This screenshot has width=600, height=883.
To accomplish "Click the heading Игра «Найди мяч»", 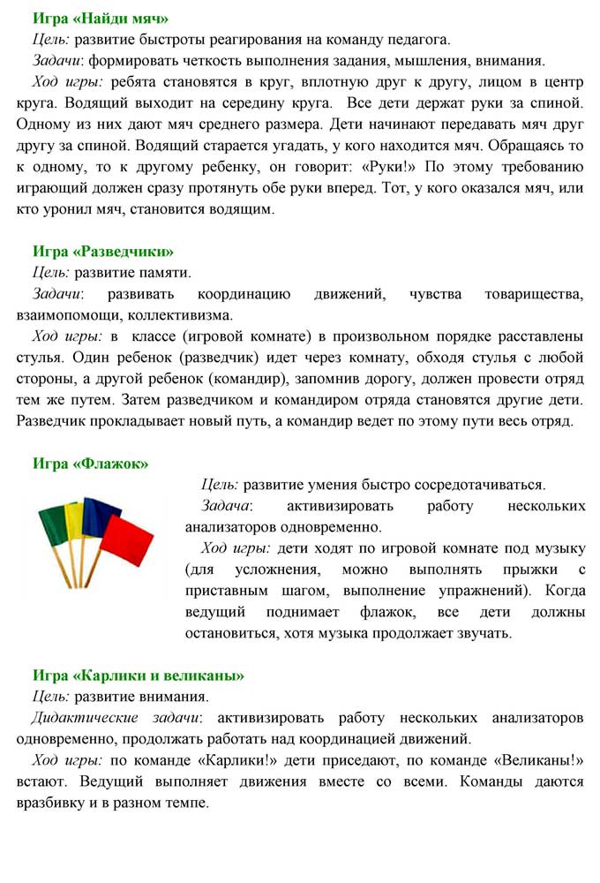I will tap(101, 18).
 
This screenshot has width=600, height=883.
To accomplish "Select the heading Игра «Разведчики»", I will tap(103, 251).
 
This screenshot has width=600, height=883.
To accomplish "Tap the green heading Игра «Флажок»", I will tap(91, 464).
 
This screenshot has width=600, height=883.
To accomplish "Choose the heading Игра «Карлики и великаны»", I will tap(139, 675).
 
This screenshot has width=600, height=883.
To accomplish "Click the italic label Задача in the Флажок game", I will tap(226, 506).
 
